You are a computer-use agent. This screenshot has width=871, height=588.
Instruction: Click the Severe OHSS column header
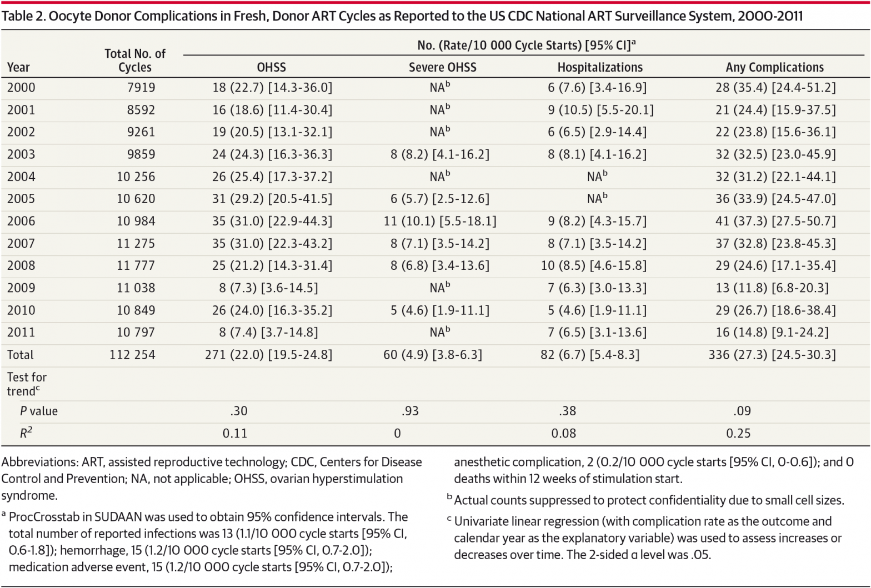(442, 67)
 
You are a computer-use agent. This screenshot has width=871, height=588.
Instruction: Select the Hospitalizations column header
(600, 67)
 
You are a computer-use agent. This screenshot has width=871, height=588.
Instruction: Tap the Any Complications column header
(774, 67)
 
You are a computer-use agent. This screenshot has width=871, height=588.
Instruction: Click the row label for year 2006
(21, 221)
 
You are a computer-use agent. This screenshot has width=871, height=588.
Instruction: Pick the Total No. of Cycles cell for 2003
(141, 154)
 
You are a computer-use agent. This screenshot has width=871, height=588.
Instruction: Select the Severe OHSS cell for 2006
(439, 221)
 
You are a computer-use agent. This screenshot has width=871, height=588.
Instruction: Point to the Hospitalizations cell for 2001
(600, 110)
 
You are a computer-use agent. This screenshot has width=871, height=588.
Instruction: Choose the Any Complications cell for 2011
(772, 332)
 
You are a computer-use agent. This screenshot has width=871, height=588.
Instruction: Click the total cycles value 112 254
(132, 355)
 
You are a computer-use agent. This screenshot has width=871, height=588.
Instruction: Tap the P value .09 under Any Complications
(742, 411)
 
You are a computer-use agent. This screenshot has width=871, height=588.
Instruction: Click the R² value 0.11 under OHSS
(235, 433)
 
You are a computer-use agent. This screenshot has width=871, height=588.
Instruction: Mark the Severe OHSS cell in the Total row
(432, 355)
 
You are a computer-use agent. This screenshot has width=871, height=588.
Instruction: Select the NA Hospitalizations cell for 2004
(597, 177)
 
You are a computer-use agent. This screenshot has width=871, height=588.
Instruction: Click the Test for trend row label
(27, 384)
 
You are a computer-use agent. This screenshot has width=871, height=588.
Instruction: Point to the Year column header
(18, 67)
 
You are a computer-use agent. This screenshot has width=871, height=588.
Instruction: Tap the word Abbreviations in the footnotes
(39, 462)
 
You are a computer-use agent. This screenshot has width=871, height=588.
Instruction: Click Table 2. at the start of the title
(23, 16)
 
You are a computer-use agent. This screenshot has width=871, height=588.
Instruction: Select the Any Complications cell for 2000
(775, 88)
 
